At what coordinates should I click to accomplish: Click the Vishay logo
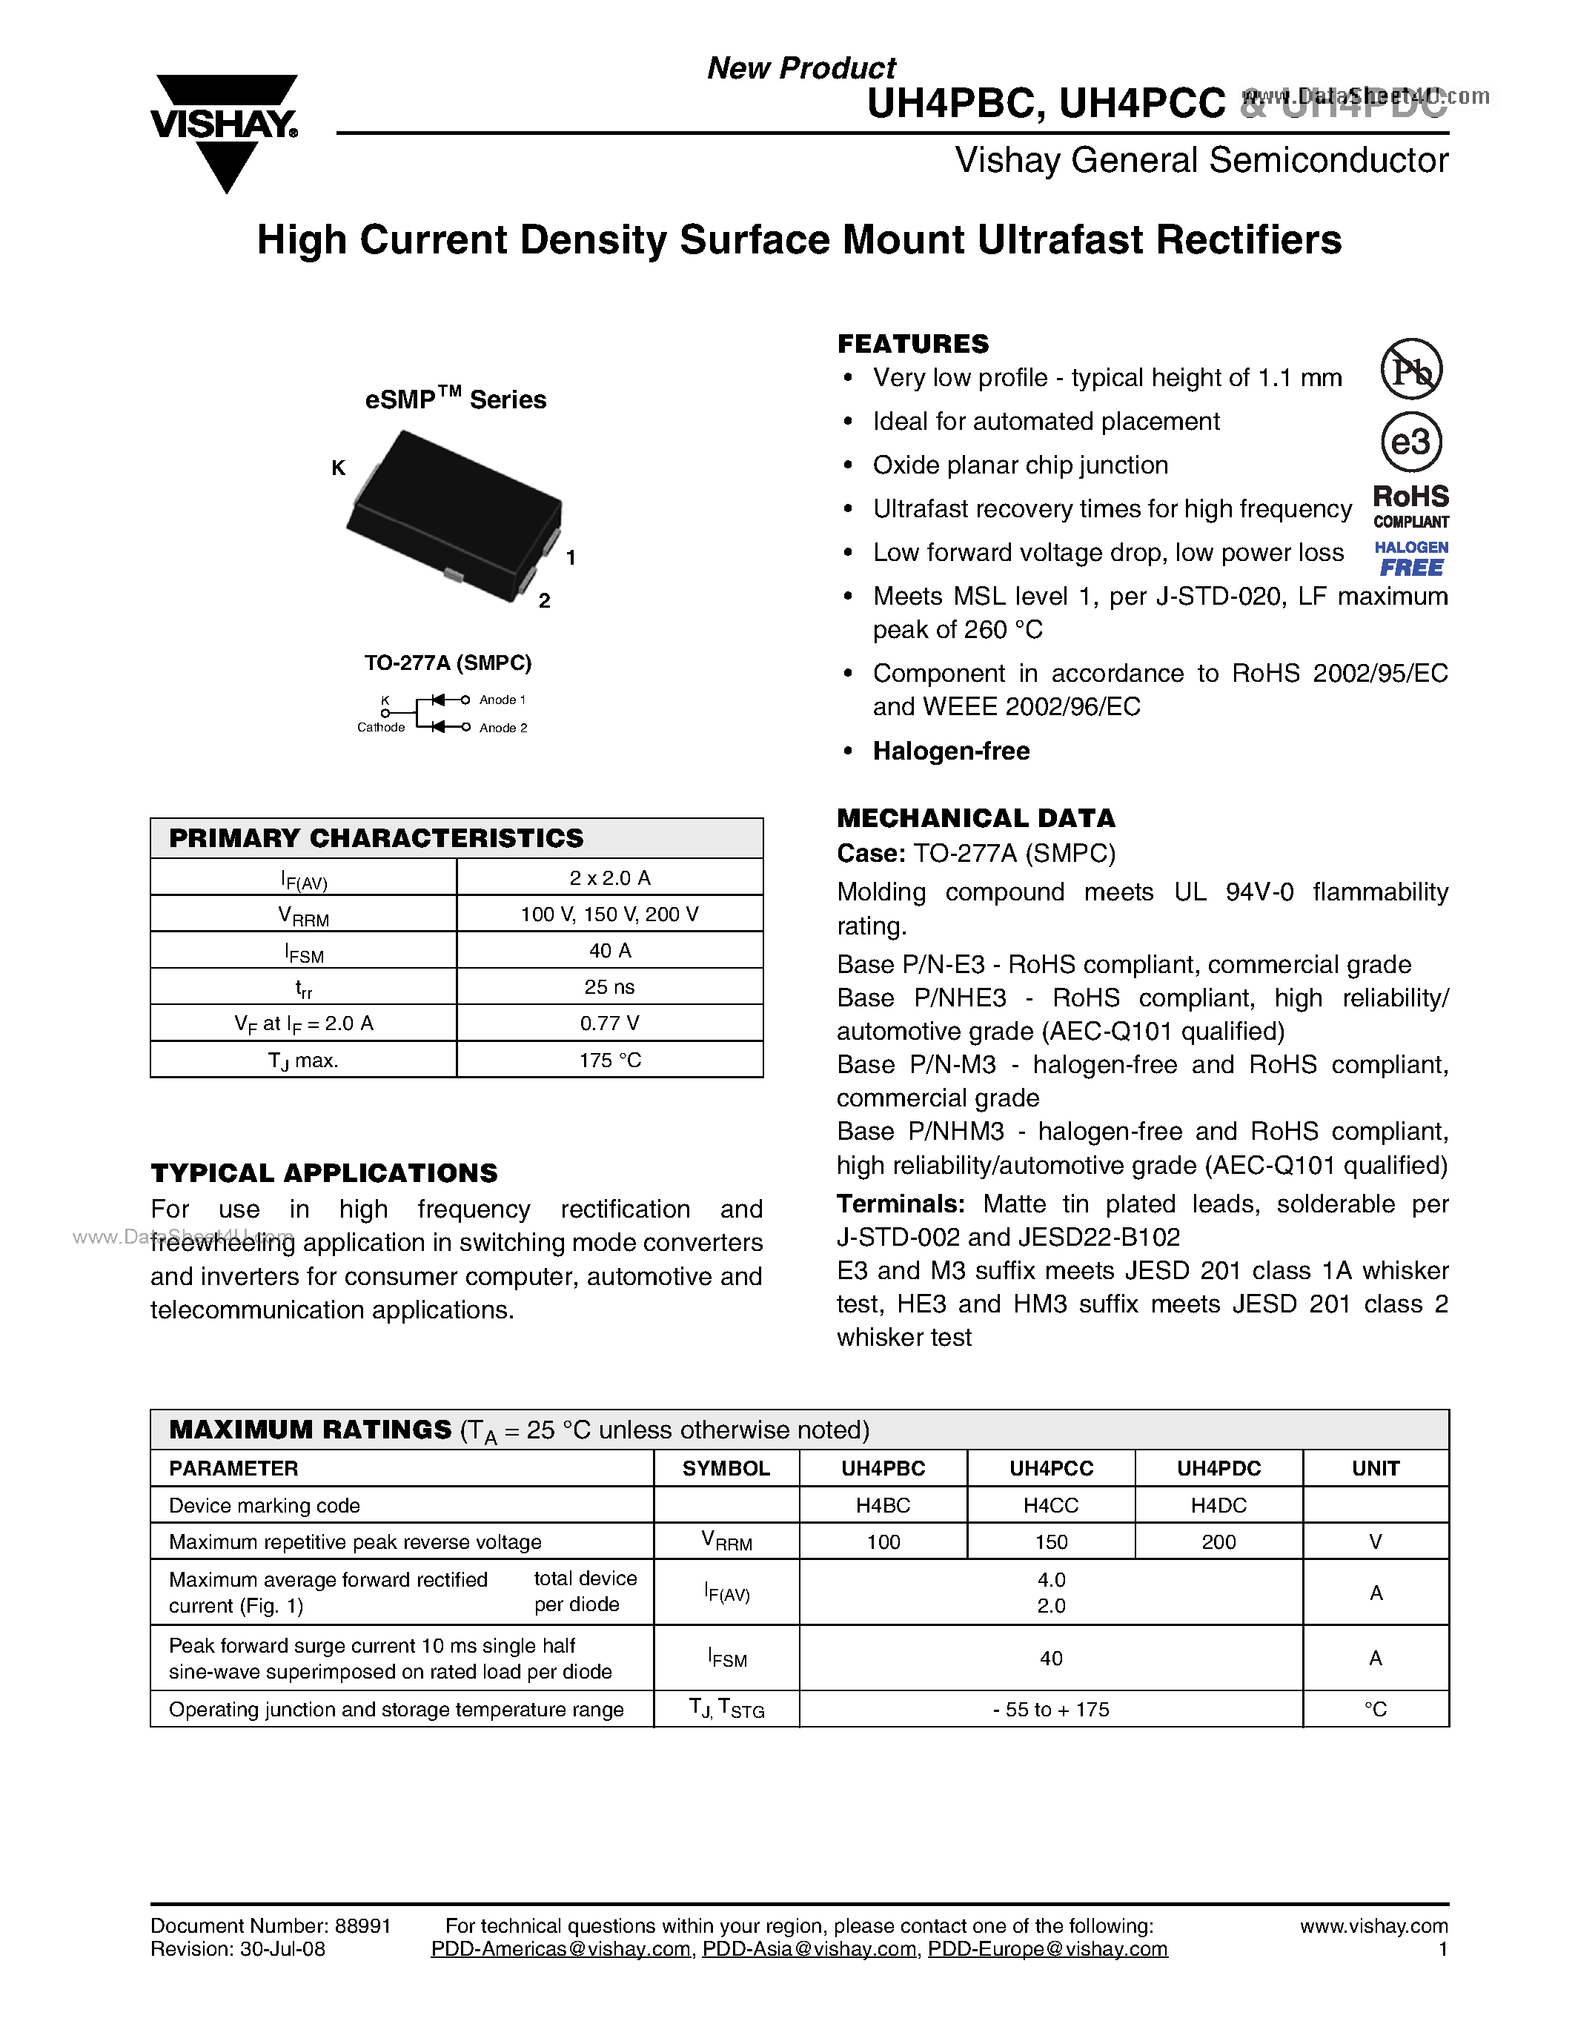pos(224,130)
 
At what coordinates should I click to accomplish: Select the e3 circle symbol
pos(1410,442)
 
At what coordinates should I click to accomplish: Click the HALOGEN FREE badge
pos(1410,559)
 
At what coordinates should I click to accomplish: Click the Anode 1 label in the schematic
pos(502,700)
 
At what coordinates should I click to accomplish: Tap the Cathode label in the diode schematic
pos(381,728)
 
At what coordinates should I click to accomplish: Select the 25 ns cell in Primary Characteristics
pos(609,986)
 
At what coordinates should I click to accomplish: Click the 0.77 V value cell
pos(609,1023)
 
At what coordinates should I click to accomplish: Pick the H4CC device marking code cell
pos(1051,1505)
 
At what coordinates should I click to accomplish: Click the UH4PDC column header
pos(1218,1468)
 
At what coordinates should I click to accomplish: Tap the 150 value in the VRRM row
pos(1051,1541)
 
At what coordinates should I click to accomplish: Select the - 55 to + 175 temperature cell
pos(1051,1710)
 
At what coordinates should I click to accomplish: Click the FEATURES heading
pos(912,343)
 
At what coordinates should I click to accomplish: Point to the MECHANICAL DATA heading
pos(975,818)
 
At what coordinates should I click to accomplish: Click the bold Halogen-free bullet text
pos(951,751)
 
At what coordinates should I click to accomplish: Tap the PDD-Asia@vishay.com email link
pos(809,1949)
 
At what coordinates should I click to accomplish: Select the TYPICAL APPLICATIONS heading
pos(324,1173)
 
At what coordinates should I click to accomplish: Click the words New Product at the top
pos(800,68)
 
